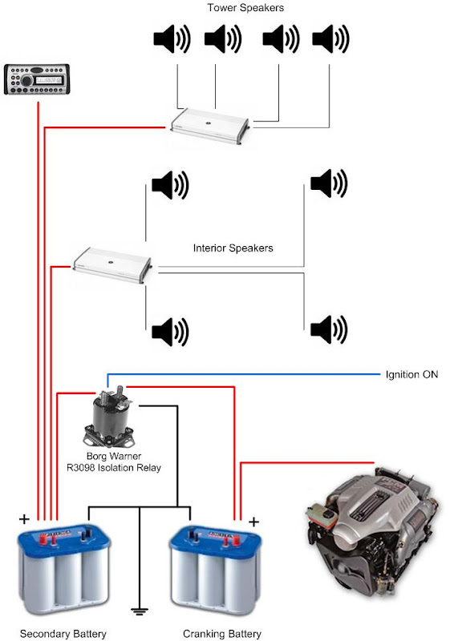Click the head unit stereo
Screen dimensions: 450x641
pyautogui.click(x=37, y=79)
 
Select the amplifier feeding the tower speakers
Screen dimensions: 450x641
pyautogui.click(x=209, y=127)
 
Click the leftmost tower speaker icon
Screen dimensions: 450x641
pyautogui.click(x=172, y=39)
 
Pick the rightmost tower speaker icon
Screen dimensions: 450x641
pyautogui.click(x=330, y=39)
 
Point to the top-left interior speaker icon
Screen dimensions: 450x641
pyautogui.click(x=170, y=185)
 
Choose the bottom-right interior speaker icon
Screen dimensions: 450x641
pyautogui.click(x=329, y=329)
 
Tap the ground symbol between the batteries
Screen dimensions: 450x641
pyautogui.click(x=140, y=611)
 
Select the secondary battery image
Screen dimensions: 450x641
pyautogui.click(x=64, y=570)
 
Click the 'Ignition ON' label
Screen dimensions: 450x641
pyautogui.click(x=411, y=374)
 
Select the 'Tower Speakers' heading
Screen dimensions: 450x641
pyautogui.click(x=245, y=8)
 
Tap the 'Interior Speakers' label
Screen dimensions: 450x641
pyautogui.click(x=233, y=248)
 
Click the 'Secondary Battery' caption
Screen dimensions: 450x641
pyautogui.click(x=63, y=634)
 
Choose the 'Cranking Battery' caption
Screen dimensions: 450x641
pyautogui.click(x=221, y=634)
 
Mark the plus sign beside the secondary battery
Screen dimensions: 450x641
pyautogui.click(x=24, y=519)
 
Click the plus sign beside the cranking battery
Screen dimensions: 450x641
pyautogui.click(x=253, y=522)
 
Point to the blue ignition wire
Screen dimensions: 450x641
pyautogui.click(x=244, y=374)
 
